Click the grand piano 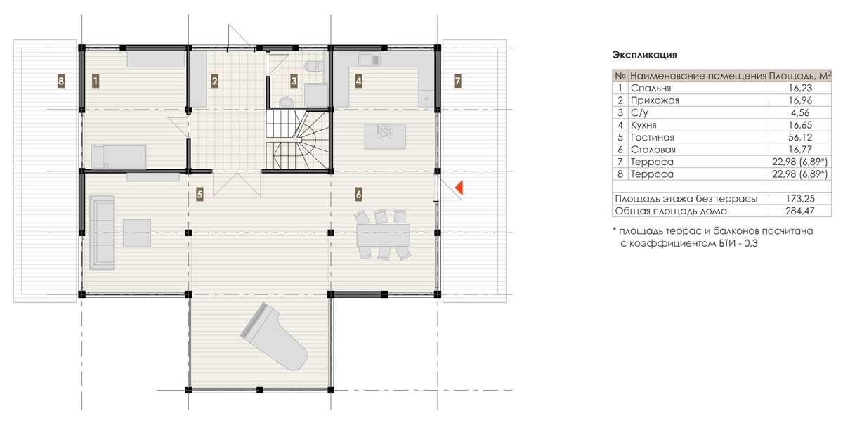click(274, 337)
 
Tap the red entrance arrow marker click(459, 188)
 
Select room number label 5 click(200, 195)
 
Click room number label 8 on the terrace click(61, 81)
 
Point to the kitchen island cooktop click(385, 131)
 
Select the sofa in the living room click(102, 233)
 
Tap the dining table click(384, 235)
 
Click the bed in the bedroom click(119, 157)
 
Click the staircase click(298, 140)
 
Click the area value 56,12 click(800, 137)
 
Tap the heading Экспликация click(644, 55)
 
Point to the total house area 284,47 click(799, 211)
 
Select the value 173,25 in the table click(799, 199)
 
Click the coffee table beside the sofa click(137, 233)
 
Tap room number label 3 click(294, 81)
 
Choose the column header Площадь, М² click(799, 76)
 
